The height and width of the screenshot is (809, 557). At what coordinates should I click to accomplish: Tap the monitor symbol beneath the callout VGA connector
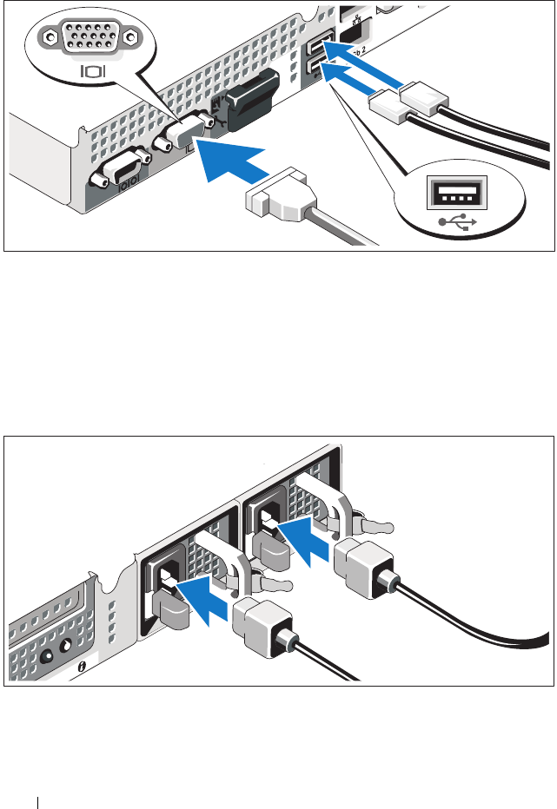click(x=92, y=70)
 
